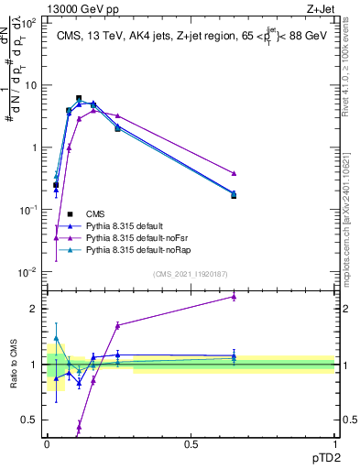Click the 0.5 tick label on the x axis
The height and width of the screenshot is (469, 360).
click(191, 444)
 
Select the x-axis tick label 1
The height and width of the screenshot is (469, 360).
click(334, 444)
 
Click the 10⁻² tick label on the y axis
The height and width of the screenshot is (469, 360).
click(27, 272)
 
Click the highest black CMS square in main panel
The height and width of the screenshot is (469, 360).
click(79, 98)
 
